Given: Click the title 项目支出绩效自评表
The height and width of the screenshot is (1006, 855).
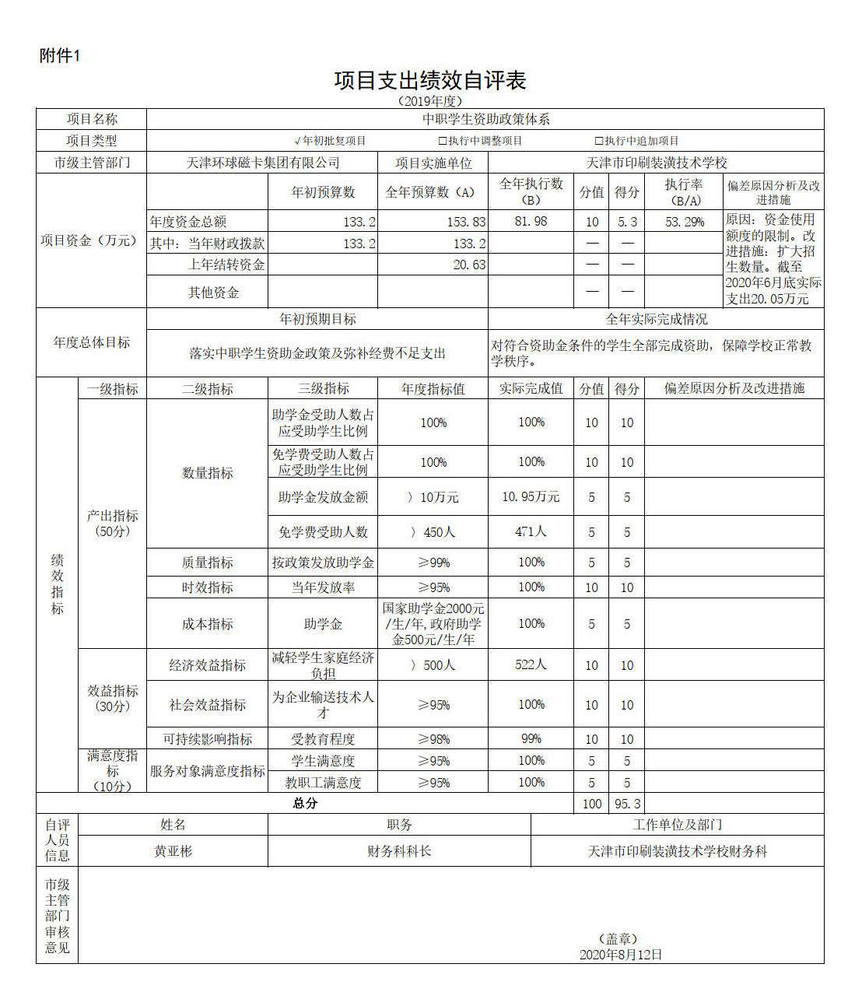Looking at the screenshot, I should point(429,80).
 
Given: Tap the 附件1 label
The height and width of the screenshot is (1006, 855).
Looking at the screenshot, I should point(60,56).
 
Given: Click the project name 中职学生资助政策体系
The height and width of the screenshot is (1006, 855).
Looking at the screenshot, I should point(485,119).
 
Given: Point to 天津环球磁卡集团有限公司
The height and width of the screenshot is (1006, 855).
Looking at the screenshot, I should point(262,163).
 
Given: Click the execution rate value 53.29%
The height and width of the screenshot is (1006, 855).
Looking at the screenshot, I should point(684,222).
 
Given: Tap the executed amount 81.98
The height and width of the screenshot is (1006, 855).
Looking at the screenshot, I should point(531,222).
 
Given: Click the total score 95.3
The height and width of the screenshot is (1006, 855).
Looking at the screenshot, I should point(627,804).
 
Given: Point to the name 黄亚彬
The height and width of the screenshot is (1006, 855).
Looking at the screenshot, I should point(173,851).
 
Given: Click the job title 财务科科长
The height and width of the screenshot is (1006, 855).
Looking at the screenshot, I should point(399,851).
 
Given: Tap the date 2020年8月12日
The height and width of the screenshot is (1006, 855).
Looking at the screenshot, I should point(620,955).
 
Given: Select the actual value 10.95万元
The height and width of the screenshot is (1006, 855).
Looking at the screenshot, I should point(531,496).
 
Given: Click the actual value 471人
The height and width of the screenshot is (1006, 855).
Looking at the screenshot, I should point(531,531).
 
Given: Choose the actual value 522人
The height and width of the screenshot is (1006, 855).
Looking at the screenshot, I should point(531,664).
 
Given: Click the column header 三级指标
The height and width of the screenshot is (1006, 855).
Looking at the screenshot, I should point(323,388).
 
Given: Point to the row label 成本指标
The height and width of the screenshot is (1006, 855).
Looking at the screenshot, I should point(207,624).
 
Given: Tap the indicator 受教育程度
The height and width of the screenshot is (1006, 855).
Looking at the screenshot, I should point(323,738).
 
